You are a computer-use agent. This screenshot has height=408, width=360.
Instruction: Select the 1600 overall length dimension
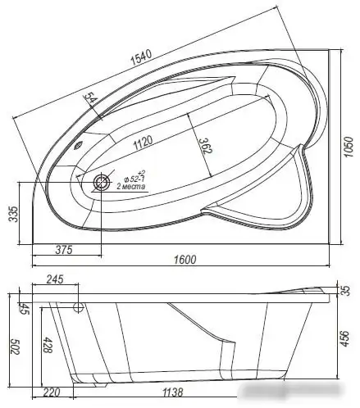185,261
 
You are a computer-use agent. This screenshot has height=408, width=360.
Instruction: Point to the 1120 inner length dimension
146,141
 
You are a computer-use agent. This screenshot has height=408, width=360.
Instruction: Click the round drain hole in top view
102,183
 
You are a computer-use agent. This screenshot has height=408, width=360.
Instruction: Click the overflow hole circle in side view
80,308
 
